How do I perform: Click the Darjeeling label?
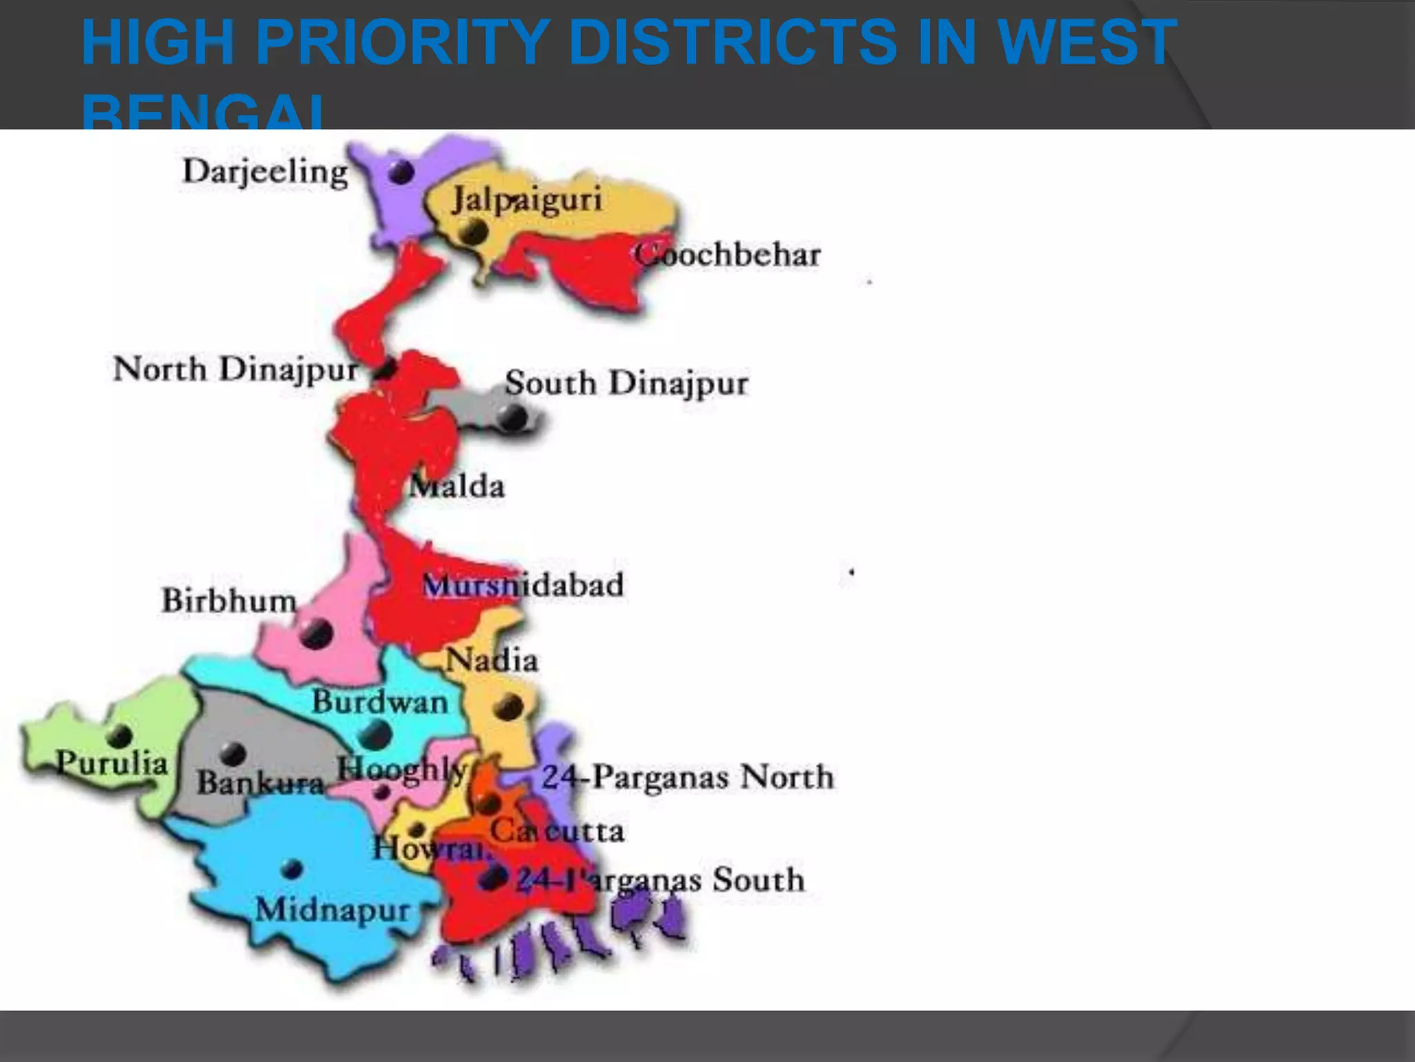point(265,172)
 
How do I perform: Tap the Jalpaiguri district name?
point(526,201)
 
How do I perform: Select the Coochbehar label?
point(728,255)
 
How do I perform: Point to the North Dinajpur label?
point(236,369)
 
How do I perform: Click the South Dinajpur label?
point(626,383)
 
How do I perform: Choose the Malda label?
point(457,487)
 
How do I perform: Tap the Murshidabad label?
point(523,586)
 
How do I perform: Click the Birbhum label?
point(229,600)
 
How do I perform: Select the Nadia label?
point(492,660)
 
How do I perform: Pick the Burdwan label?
point(380,702)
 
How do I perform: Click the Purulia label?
point(112,763)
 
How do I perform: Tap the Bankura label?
point(260,783)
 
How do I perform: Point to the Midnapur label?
point(333,909)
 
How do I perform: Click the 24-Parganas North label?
point(687,777)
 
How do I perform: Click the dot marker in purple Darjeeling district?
point(401,171)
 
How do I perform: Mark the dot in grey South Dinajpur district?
point(513,416)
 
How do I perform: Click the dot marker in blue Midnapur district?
point(292,868)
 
